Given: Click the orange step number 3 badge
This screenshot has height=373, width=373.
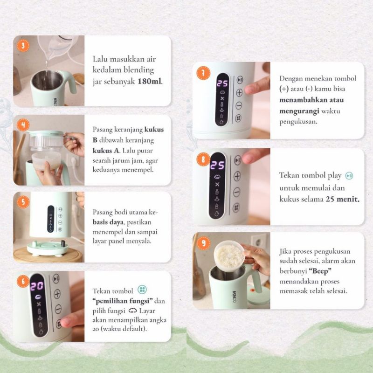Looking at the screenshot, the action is coord(23,46).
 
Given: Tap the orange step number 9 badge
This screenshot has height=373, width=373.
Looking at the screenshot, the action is coord(203,243).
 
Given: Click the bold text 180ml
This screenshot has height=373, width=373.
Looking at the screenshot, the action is coord(150,81).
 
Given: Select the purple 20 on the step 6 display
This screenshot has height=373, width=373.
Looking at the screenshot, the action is coord(37,286).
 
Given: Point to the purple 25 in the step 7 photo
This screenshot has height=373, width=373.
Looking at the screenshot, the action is coord(222,83).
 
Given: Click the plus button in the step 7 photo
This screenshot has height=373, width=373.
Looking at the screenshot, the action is coord(239,92).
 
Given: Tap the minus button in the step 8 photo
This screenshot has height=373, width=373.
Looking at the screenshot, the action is coord(236,192).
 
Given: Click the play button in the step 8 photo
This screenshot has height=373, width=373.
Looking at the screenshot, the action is coord(238,160).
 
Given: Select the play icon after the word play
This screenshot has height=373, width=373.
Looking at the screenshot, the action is coord(349,176).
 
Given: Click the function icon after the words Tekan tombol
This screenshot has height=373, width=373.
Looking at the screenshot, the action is coord(142,290).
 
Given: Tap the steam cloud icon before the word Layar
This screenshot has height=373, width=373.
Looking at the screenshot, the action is coord(133,311).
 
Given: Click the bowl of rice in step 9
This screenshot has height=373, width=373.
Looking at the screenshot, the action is coord(229,256).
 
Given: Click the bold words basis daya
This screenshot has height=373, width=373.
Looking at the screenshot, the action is coord(108,222).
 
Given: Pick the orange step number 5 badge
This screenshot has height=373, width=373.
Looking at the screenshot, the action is coord(23,202).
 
